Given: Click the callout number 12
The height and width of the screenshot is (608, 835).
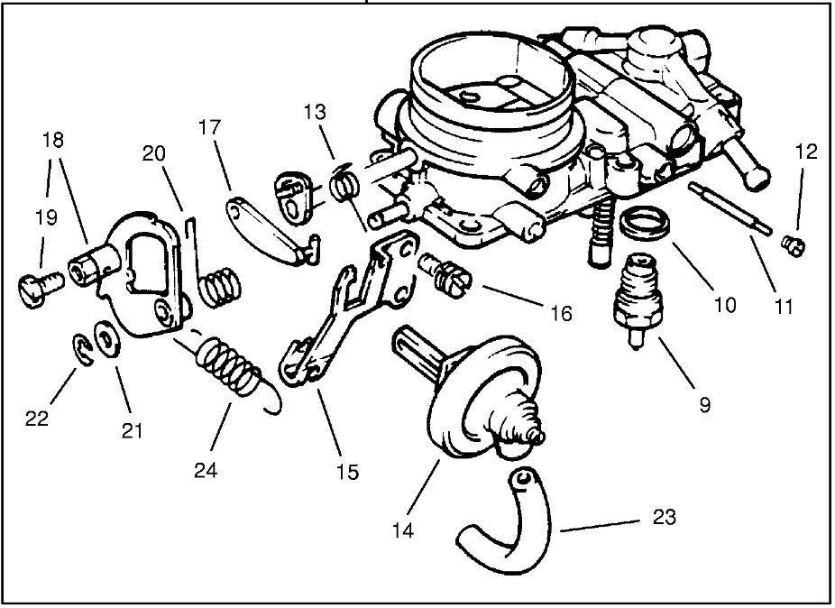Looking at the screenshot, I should [x=805, y=152].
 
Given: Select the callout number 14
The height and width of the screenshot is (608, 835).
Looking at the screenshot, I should [x=403, y=531].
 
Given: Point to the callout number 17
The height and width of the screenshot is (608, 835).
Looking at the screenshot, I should [x=209, y=129].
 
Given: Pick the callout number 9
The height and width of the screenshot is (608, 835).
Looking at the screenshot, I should [x=704, y=405].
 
